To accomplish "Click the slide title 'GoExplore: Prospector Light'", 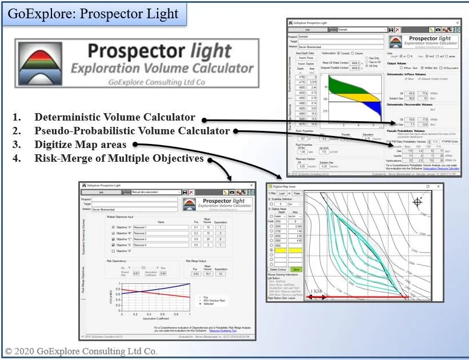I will pos(94,14).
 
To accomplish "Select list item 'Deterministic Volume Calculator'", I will pos(115,118).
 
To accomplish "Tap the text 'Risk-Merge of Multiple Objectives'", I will pos(119,158).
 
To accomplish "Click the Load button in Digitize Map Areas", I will pos(282,193).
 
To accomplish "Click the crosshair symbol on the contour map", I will pos(418,202).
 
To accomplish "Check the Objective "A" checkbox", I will pos(113,227).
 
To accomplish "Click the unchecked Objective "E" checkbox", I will pos(113,250).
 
